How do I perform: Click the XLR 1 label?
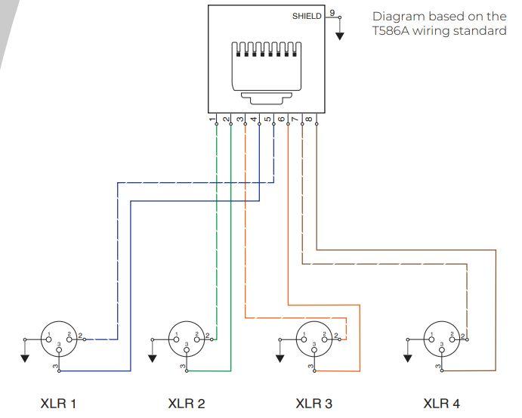click(x=58, y=404)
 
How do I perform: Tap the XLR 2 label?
click(x=186, y=404)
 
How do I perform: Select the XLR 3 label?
click(x=314, y=404)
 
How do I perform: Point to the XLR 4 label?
click(x=441, y=404)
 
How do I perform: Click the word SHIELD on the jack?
click(x=306, y=16)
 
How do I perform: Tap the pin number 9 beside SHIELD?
click(x=332, y=14)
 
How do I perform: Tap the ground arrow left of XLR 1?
click(x=25, y=357)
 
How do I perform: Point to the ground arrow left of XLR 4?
click(x=408, y=357)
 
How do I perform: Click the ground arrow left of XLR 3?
click(x=280, y=357)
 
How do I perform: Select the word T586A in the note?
click(x=392, y=32)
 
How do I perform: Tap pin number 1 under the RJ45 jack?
click(x=212, y=119)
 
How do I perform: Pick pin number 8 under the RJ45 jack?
click(x=309, y=119)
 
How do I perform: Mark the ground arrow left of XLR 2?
click(x=153, y=357)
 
